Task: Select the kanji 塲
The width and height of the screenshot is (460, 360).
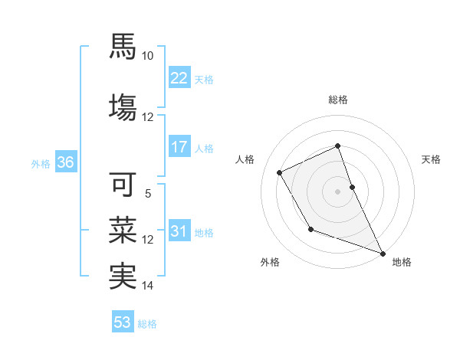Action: (123, 106)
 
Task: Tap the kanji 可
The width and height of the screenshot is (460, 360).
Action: (123, 185)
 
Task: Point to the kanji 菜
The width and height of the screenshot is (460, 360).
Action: (123, 229)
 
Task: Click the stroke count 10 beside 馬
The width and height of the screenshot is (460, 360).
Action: (148, 56)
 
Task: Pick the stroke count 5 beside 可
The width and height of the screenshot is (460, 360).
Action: (148, 195)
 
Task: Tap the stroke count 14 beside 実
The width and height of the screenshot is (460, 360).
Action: (148, 286)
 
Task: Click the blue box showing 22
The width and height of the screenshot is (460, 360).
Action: (179, 78)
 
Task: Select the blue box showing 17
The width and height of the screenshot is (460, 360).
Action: (179, 147)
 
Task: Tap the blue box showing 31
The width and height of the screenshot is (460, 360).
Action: (179, 231)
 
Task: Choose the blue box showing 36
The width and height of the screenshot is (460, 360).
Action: (65, 162)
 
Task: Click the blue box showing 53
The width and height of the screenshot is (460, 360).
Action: (123, 322)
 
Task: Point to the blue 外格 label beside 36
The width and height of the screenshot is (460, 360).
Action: (41, 163)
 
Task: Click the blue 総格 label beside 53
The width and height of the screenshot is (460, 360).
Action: (148, 324)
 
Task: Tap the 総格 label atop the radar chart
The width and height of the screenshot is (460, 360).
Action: (338, 100)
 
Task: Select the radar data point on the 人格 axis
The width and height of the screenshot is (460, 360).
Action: (280, 172)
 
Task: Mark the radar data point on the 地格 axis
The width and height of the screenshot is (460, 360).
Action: (383, 253)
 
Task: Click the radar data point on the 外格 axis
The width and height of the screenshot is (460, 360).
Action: (310, 228)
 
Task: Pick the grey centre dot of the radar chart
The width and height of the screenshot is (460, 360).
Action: (338, 191)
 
